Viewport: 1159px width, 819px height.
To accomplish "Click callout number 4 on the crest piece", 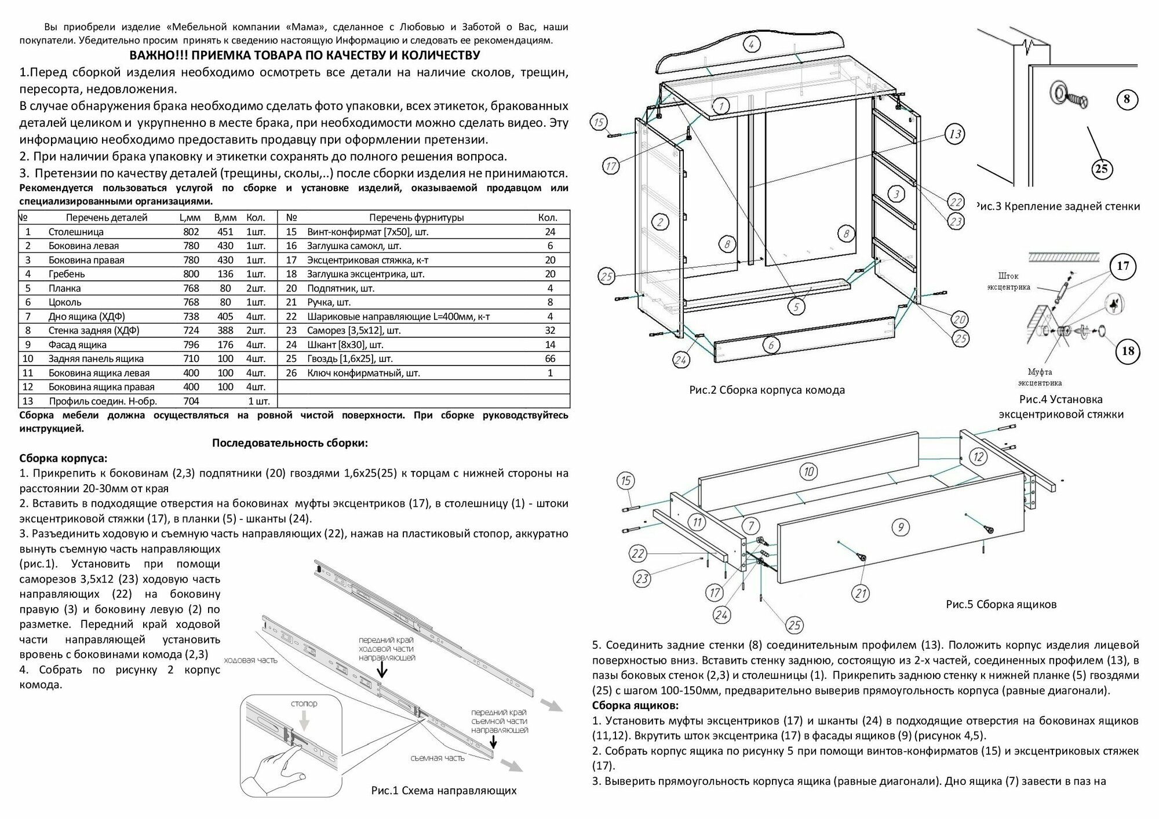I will click(750, 44).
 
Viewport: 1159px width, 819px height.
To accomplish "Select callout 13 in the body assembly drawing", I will click(954, 134).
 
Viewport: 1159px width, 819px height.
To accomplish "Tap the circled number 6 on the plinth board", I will click(770, 346).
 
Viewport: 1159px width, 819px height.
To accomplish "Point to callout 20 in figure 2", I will click(960, 319).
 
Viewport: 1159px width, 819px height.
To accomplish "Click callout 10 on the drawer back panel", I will click(809, 471).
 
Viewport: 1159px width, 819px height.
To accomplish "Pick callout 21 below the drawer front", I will click(861, 593).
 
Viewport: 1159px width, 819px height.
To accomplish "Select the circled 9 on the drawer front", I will click(900, 526).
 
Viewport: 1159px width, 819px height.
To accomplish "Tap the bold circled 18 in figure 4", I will click(1127, 350).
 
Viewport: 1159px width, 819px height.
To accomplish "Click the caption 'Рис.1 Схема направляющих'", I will click(443, 790).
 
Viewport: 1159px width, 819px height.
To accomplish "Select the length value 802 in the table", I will click(191, 232).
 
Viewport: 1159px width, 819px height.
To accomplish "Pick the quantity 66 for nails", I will click(550, 359).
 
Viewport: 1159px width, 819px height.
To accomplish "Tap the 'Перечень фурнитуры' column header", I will click(416, 218).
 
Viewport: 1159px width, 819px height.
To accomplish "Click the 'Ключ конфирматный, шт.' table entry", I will click(363, 373).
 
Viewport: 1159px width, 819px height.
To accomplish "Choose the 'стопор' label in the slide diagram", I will click(303, 703).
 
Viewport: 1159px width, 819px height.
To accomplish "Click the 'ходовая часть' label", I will click(250, 660).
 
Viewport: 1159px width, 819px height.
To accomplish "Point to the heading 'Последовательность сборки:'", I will click(290, 443).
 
